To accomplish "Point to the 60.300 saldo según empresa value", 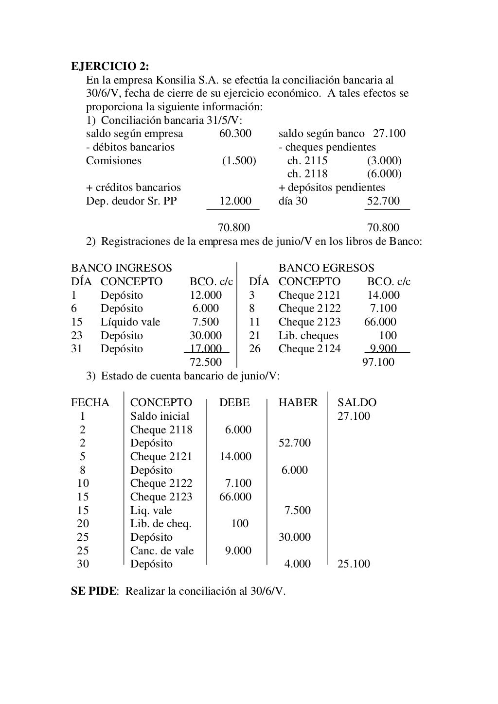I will point(235,134).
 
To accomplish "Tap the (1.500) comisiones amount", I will point(239,161).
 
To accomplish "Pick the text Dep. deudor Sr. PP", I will point(131,201).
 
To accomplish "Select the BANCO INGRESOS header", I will point(122,268).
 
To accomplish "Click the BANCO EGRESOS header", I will point(326,268).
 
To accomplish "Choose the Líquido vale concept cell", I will point(130,322).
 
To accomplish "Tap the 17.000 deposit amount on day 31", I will point(206,349).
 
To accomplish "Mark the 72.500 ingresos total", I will point(205,362).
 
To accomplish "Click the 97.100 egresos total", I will point(378,362).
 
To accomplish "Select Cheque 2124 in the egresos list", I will point(309,349).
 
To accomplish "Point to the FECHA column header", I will point(90,403).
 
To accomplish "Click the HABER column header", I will point(298,403).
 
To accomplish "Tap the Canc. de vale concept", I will point(162,550).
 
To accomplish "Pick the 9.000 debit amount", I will point(238,550).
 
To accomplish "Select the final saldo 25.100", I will point(354,564).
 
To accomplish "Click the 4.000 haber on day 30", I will point(297,564).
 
